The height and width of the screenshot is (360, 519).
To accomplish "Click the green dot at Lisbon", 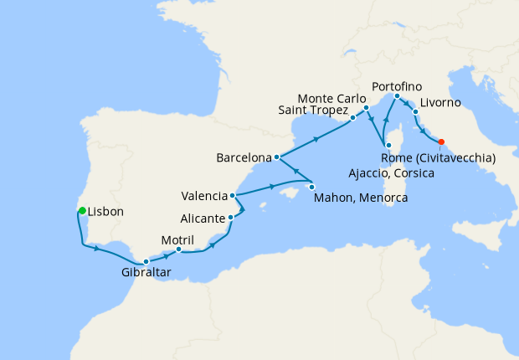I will [82, 210].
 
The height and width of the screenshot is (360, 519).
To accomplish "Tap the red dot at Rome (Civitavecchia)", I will [441, 141].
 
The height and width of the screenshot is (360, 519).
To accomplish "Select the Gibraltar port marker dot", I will [146, 262].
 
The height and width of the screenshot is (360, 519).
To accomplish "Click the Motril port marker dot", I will [178, 249].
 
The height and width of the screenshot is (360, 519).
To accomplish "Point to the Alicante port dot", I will [231, 218].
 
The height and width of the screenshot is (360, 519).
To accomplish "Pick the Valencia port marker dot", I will [234, 197].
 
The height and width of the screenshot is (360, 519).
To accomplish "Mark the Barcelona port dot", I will [276, 157].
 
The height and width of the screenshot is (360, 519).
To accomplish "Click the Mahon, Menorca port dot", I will [311, 186].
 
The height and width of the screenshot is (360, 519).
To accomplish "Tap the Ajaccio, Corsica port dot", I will [388, 147].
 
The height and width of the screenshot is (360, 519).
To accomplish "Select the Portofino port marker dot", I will [397, 95].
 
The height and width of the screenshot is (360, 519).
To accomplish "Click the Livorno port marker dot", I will [415, 111].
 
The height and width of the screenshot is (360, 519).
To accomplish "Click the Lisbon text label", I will [105, 212].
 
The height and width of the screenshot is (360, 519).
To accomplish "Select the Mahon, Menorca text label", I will [361, 198].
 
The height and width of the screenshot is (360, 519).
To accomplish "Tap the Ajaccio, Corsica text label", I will [391, 173].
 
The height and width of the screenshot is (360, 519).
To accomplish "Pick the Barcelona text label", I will [244, 157].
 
